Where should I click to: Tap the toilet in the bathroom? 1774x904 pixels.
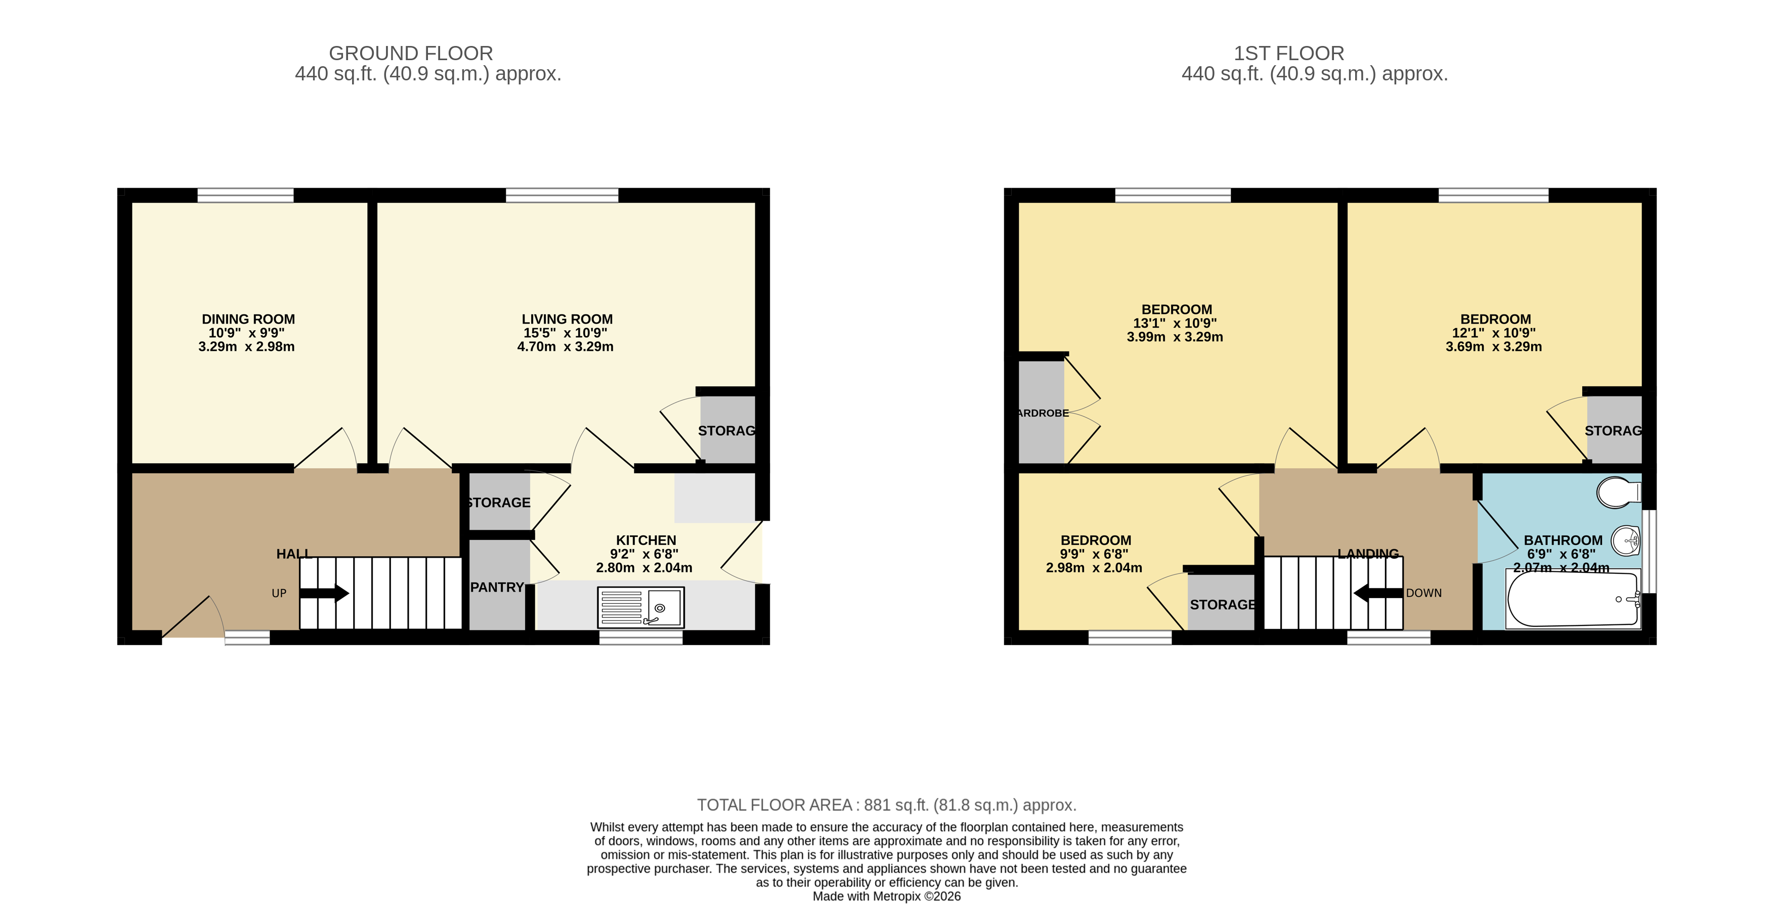(1618, 492)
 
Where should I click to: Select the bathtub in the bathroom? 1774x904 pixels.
(1573, 599)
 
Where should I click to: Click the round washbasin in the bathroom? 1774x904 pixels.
(1626, 540)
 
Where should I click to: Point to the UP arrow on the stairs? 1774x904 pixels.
(324, 593)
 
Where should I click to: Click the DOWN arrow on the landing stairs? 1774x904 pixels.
(1377, 593)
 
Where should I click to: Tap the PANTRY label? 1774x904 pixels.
(497, 587)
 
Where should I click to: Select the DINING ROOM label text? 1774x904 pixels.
(248, 320)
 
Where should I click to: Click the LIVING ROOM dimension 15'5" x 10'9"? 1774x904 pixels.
(566, 333)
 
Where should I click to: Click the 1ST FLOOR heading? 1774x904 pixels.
(1288, 53)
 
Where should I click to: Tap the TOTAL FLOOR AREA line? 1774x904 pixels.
(886, 805)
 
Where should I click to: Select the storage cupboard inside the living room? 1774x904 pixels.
(727, 430)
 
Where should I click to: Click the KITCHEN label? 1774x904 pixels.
(645, 540)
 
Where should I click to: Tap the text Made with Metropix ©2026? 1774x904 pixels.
(886, 896)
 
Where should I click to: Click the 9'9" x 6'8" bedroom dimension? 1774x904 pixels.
(1094, 554)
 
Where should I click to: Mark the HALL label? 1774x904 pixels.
(294, 554)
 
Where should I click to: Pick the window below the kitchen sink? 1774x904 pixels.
(640, 638)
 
